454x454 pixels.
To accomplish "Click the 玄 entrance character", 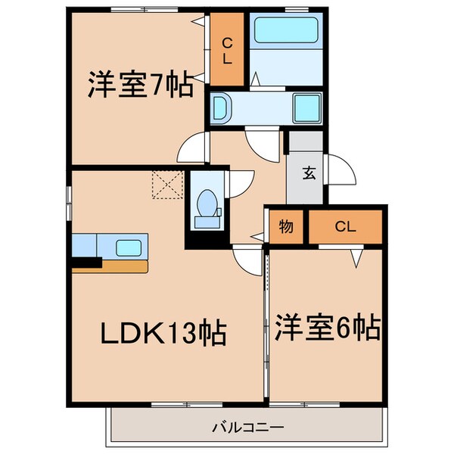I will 309,173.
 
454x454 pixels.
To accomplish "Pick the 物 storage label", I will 286,225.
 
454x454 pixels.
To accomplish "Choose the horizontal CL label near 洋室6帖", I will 345,225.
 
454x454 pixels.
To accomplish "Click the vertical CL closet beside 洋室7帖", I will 226,50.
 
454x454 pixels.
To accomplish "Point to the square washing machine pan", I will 306,107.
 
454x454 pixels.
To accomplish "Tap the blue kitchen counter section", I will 85,247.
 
